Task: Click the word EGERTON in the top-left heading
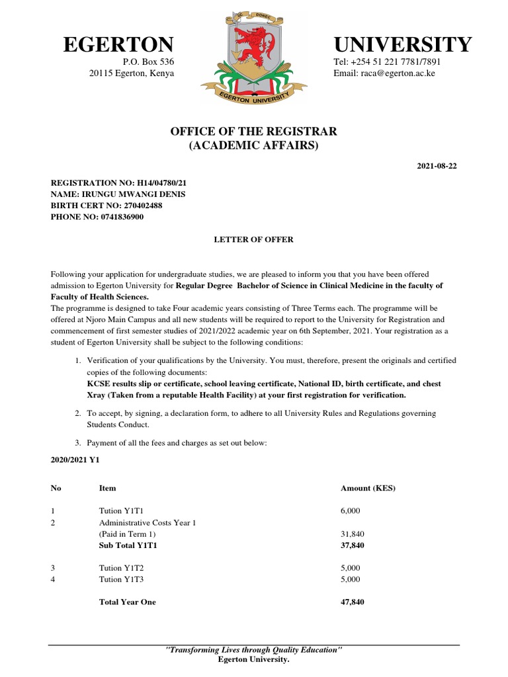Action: tap(118, 45)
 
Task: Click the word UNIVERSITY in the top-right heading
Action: tap(403, 45)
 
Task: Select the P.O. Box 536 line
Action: tap(149, 62)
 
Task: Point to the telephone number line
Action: tap(387, 62)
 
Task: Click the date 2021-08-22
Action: tap(437, 165)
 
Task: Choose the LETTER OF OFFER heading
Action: tap(254, 239)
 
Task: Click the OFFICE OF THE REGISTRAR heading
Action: tap(254, 132)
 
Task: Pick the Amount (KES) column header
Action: tap(368, 488)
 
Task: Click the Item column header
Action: tap(107, 488)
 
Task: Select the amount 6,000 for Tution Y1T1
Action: tap(351, 511)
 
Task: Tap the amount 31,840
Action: tap(353, 534)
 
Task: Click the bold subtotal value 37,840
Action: tap(353, 545)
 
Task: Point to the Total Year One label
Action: tap(128, 602)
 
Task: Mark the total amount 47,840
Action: tap(353, 602)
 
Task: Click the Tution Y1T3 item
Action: tap(120, 579)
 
